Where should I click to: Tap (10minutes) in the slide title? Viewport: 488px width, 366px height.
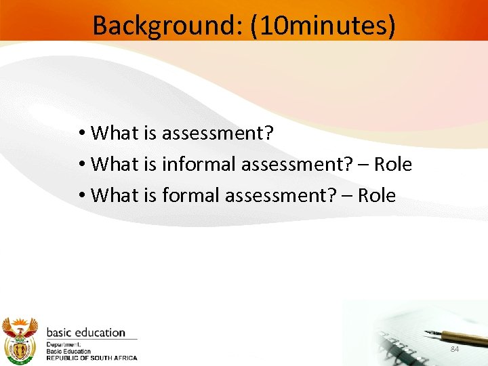[x=323, y=26]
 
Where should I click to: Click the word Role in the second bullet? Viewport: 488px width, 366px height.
[x=393, y=164]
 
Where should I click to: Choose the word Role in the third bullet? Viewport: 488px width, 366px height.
[x=377, y=195]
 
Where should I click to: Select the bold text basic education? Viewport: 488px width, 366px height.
[x=85, y=333]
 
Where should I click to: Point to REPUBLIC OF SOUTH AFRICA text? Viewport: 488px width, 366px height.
[x=91, y=358]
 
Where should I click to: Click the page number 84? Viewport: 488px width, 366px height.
[x=455, y=348]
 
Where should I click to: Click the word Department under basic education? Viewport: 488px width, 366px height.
[x=62, y=345]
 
